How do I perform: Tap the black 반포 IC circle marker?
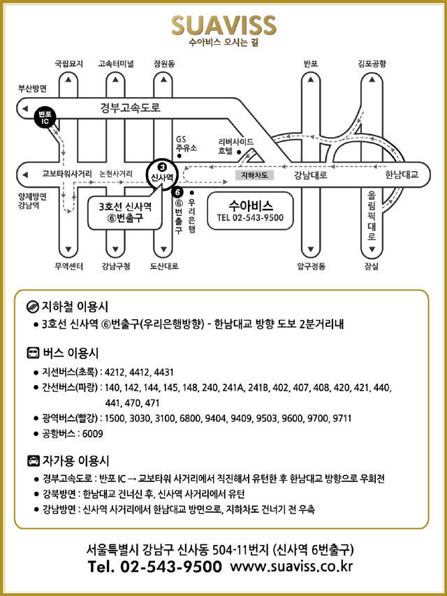pyautogui.click(x=45, y=117)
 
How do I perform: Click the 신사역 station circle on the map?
pyautogui.click(x=161, y=173)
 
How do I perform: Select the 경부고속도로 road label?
pyautogui.click(x=130, y=108)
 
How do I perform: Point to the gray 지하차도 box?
pyautogui.click(x=254, y=175)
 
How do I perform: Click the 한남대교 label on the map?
pyautogui.click(x=401, y=175)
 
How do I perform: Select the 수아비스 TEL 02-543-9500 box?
pyautogui.click(x=250, y=210)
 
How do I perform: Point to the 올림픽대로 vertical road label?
pyautogui.click(x=371, y=217)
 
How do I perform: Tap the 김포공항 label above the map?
pyautogui.click(x=371, y=64)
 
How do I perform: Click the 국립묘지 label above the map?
pyautogui.click(x=68, y=64)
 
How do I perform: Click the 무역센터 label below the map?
pyautogui.click(x=68, y=266)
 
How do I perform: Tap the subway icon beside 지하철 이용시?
pyautogui.click(x=32, y=307)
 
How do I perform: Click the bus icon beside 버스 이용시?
pyautogui.click(x=32, y=353)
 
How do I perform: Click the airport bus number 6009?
pyautogui.click(x=93, y=434)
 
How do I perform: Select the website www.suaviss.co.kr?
pyautogui.click(x=291, y=566)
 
